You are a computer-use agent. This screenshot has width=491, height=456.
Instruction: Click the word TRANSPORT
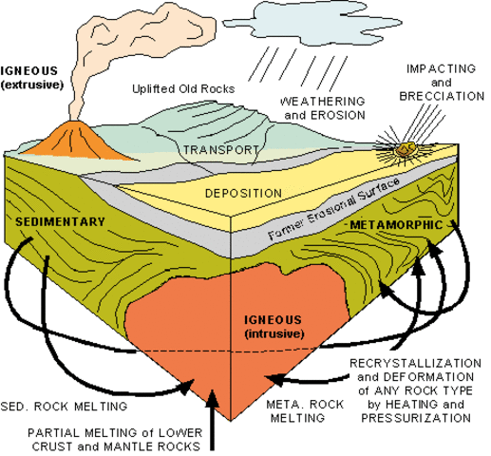point(219,150)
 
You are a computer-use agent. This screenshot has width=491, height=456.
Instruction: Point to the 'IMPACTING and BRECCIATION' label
point(443,83)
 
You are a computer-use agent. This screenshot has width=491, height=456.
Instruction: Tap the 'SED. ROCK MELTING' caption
point(64,407)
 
